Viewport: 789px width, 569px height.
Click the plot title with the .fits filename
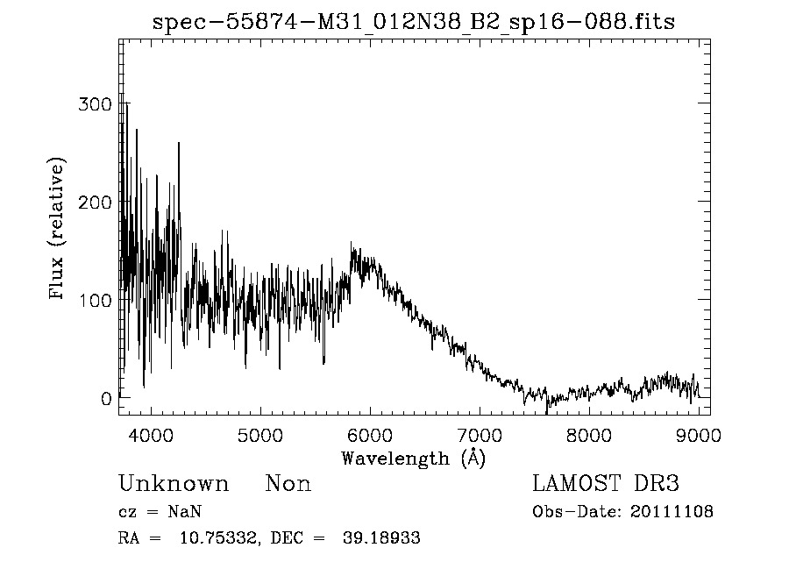414,22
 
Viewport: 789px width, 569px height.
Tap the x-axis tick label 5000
260,434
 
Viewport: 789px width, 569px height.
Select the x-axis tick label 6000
370,434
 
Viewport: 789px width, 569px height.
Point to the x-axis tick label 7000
480,434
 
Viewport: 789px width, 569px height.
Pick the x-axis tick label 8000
589,434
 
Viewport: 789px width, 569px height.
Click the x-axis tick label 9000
699,434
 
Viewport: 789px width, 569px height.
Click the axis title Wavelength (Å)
413,458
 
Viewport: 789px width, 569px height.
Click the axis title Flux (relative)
59,230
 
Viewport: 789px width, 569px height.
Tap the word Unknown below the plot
174,484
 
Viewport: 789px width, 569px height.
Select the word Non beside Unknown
288,484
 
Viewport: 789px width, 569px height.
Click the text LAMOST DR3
606,484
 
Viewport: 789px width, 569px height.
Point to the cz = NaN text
162,512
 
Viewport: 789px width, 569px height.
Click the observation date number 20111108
672,512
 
